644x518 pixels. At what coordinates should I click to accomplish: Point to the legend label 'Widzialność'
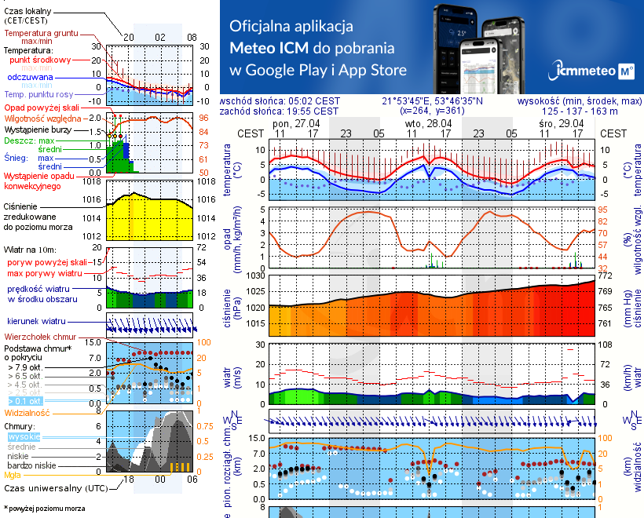[27, 411]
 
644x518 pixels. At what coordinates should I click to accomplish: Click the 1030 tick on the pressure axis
[256, 276]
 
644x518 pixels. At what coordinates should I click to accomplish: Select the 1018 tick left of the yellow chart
[93, 181]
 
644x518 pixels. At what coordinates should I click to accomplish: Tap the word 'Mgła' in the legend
[12, 475]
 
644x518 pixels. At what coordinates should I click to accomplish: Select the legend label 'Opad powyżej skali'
[41, 107]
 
